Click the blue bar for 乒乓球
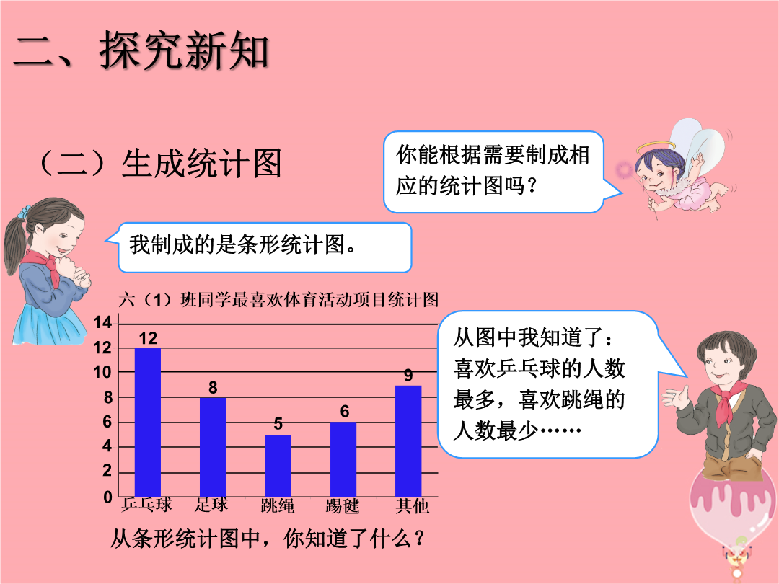pos(148,422)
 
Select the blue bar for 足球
pos(213,447)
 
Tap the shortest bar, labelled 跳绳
pos(278,465)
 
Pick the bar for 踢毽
pos(343,459)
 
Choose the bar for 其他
pos(408,441)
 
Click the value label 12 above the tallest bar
pos(148,339)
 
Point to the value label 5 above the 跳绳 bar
pos(278,424)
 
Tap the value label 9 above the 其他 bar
pos(408,376)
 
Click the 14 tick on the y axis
pos(103,322)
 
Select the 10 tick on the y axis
pos(103,372)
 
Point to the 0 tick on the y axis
pos(107,497)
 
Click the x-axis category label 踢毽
pos(343,506)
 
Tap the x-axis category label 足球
pos(211,505)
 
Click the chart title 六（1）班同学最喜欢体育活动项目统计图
pos(278,300)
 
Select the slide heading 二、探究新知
pos(141,50)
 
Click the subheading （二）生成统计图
pos(160,163)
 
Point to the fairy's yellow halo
pos(656,146)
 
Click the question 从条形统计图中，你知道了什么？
pos(268,539)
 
